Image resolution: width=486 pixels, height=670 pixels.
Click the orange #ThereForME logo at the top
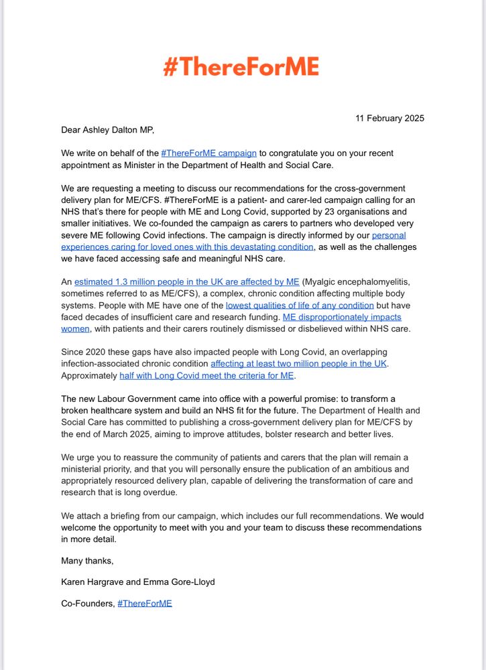241,67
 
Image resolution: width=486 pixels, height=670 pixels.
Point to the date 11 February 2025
389,119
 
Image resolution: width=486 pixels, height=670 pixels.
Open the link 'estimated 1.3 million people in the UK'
187,282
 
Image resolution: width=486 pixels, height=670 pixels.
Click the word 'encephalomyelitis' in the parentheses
387,282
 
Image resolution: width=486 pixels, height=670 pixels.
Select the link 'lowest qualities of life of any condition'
300,306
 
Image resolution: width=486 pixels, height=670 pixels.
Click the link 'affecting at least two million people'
299,364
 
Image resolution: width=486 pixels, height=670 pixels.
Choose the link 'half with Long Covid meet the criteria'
206,376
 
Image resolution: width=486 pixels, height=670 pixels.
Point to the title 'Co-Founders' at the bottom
87,603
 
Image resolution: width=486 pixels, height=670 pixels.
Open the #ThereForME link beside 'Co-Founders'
145,603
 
